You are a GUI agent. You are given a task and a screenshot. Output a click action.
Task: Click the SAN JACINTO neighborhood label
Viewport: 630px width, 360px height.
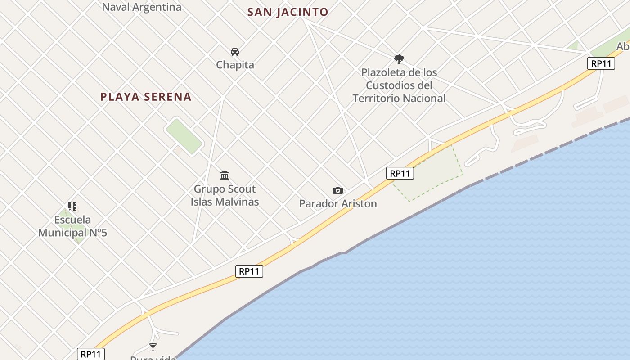click(x=288, y=12)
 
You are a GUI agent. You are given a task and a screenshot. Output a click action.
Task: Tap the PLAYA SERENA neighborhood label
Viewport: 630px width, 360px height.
click(x=146, y=97)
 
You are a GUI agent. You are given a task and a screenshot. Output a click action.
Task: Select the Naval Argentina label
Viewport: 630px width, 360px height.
click(x=141, y=7)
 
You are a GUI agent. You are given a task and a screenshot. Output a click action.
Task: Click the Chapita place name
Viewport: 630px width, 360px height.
click(x=235, y=65)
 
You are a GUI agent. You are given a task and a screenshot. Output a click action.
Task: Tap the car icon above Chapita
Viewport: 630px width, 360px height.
click(x=234, y=51)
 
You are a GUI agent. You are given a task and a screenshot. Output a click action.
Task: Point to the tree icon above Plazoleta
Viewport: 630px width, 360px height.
click(x=399, y=59)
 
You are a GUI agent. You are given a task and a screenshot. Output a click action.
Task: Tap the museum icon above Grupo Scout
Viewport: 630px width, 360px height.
click(x=224, y=175)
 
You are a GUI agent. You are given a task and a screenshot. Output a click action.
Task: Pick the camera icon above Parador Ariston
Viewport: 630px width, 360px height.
click(x=337, y=191)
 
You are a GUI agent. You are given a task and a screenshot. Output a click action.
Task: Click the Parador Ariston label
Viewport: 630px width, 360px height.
click(x=338, y=204)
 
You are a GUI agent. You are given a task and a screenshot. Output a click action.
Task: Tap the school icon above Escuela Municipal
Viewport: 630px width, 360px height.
click(x=72, y=207)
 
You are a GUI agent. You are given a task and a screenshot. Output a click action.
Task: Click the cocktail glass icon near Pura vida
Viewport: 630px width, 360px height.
click(x=153, y=347)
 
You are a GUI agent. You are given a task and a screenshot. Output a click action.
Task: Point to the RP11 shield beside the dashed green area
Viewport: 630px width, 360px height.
click(x=400, y=173)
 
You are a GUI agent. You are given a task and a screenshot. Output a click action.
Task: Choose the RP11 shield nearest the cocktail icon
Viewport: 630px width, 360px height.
click(x=91, y=354)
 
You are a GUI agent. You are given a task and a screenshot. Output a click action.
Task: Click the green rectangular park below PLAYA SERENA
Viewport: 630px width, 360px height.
click(x=184, y=136)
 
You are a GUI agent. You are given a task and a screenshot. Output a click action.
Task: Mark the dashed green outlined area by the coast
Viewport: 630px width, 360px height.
click(x=427, y=171)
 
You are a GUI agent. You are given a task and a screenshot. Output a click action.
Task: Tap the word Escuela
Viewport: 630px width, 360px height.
click(x=72, y=220)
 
